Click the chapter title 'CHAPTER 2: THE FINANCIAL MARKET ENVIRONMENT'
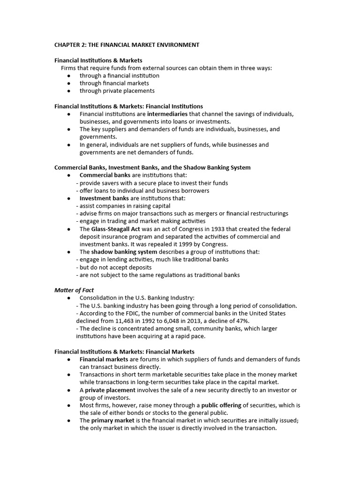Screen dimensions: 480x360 click(127, 45)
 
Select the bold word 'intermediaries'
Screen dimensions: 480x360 click(167, 114)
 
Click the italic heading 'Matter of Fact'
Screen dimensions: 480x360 click(74, 290)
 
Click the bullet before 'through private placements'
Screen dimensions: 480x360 click(69, 91)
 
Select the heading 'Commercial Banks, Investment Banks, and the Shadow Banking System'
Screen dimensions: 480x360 click(152, 167)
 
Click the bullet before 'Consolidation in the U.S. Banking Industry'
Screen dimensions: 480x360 click(69, 298)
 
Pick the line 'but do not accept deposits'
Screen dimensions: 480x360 click(113, 267)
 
